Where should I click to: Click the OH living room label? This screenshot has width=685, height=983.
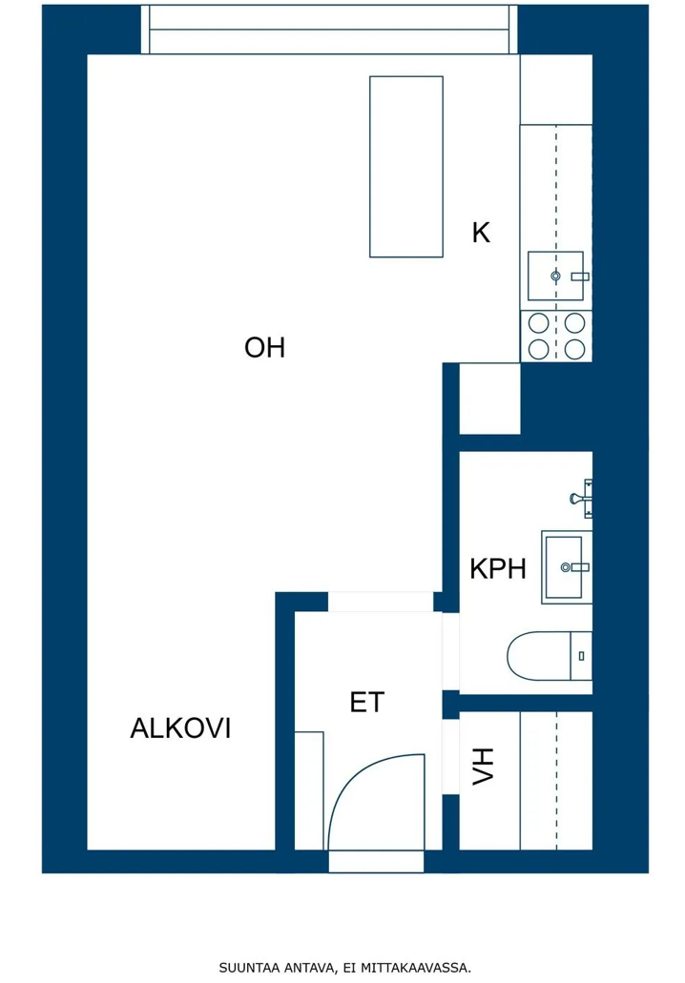tap(264, 347)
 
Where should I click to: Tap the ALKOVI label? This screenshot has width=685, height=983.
tap(180, 728)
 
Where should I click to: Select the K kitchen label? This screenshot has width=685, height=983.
tap(481, 233)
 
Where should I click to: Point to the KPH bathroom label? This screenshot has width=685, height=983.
tap(498, 569)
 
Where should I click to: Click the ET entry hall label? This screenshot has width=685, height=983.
tap(367, 703)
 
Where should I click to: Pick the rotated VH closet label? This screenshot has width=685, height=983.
tap(483, 766)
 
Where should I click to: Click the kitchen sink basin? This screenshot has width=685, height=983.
tap(556, 276)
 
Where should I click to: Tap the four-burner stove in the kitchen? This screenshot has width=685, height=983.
tap(556, 336)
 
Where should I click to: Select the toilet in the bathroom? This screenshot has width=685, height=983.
tap(550, 656)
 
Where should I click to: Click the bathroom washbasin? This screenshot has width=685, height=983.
tap(567, 567)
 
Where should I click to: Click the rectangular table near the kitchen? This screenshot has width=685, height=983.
tap(406, 167)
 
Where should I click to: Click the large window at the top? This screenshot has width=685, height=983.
tap(329, 30)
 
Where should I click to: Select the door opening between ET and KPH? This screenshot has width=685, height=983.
tap(450, 652)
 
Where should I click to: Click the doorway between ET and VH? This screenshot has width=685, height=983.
tap(450, 757)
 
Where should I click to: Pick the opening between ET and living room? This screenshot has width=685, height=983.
tap(381, 602)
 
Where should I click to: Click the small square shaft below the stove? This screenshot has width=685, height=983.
tap(490, 399)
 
